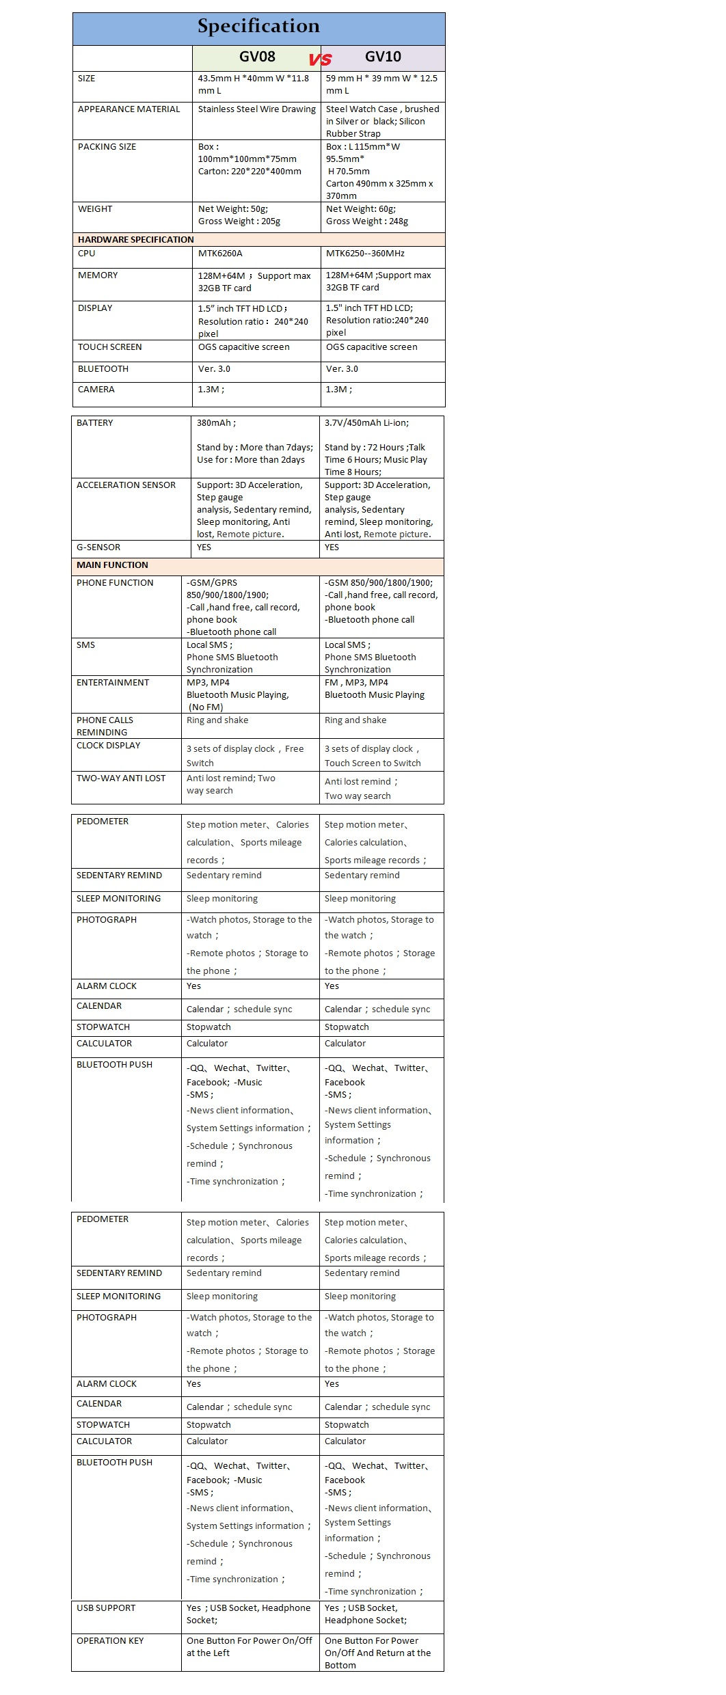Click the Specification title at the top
point(258,27)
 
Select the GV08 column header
point(257,57)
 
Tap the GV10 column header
point(383,57)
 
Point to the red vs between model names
point(320,59)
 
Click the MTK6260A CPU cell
point(220,254)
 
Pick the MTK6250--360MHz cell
point(365,254)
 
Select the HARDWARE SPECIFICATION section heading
point(135,240)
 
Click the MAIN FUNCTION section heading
point(112,565)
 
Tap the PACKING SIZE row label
point(107,147)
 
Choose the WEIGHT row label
point(95,209)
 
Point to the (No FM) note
point(206,707)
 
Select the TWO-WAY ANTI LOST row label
point(121,778)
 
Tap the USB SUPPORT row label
point(106,1608)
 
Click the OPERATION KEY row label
point(110,1641)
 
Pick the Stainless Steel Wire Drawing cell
point(257,109)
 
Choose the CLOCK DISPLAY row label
point(108,746)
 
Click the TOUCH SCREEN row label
point(109,347)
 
